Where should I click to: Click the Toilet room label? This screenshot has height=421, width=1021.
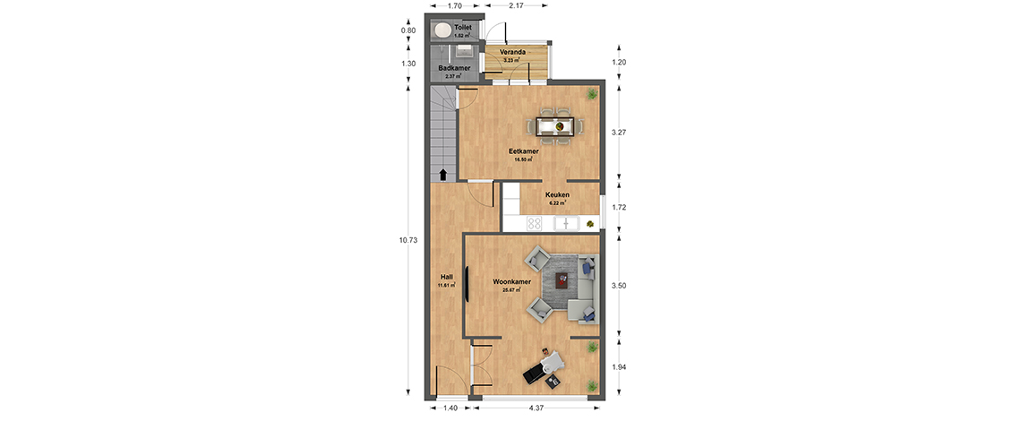(462, 28)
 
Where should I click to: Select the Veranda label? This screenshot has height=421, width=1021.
(513, 51)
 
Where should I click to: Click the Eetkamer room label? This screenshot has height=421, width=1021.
(524, 151)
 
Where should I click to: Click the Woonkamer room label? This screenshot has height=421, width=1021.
(511, 282)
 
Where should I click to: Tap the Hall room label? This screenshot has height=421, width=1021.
(446, 277)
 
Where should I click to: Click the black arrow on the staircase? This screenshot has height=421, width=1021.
(442, 175)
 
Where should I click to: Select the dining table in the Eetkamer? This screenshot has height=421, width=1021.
(555, 125)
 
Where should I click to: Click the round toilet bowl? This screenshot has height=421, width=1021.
(442, 30)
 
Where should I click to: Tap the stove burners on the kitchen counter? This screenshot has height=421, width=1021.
(535, 223)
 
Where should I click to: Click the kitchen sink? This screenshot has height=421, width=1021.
(567, 224)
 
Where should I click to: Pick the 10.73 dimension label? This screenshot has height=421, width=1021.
(408, 240)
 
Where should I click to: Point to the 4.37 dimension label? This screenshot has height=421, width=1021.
(536, 408)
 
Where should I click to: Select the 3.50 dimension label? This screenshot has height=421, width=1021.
(619, 286)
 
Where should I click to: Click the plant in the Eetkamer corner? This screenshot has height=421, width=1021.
(591, 94)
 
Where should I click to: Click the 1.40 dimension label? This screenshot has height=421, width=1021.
(450, 408)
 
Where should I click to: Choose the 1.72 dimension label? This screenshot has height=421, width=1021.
(619, 207)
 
